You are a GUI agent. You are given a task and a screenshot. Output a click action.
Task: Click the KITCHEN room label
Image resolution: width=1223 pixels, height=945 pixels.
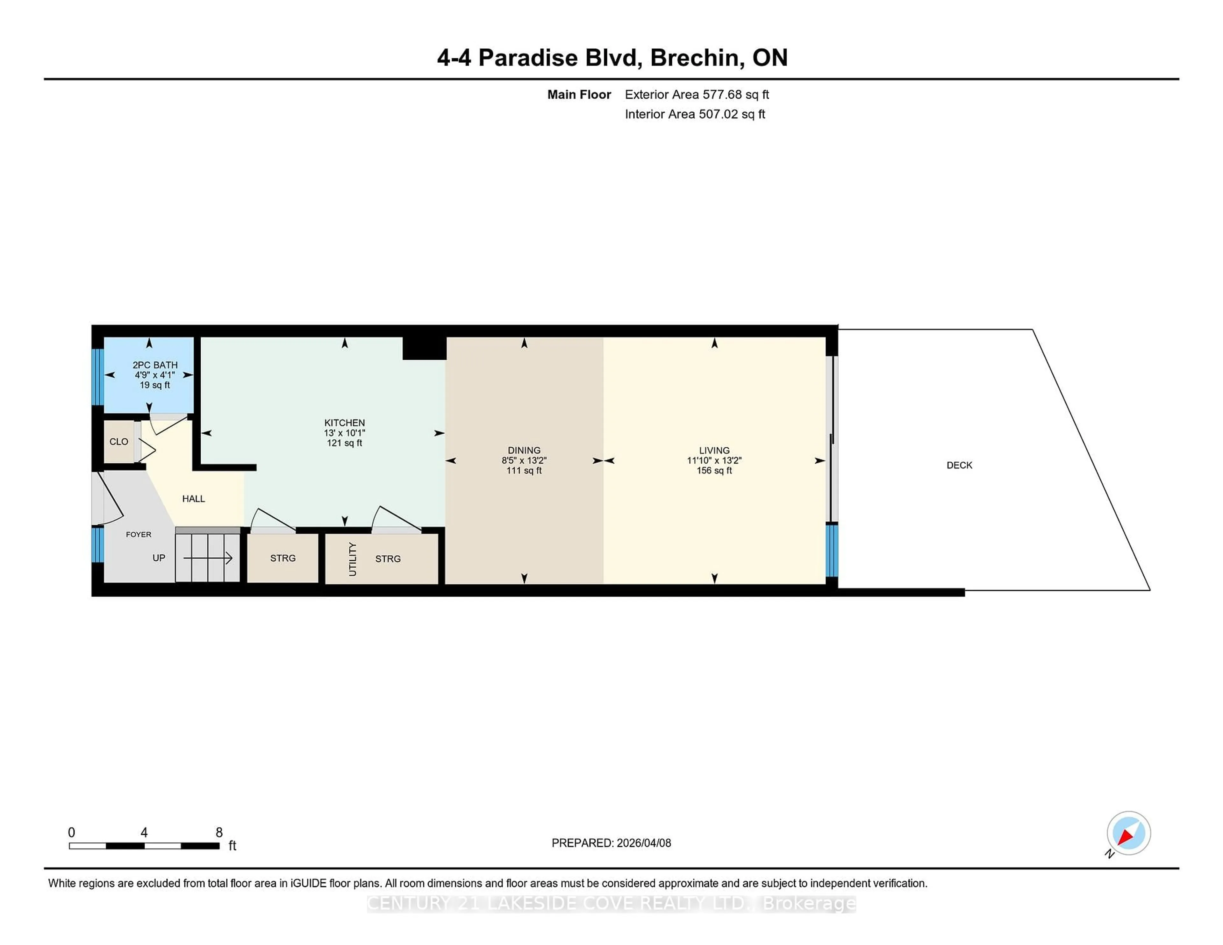tap(344, 423)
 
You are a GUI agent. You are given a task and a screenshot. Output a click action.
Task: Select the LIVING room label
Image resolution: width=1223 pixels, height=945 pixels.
tap(714, 450)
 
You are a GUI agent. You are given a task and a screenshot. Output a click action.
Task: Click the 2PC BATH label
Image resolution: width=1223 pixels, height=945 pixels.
tap(154, 365)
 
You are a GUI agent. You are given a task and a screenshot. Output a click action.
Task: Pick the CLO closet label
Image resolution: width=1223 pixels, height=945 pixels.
tap(119, 442)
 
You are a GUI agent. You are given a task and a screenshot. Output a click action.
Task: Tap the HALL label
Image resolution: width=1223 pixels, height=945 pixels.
tap(193, 499)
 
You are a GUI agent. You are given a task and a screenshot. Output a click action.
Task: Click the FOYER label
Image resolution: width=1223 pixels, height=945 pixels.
tap(138, 535)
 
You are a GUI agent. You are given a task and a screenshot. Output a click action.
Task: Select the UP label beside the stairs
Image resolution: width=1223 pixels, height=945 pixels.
tap(159, 558)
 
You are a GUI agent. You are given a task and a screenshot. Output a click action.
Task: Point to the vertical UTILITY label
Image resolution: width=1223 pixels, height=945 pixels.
tap(352, 559)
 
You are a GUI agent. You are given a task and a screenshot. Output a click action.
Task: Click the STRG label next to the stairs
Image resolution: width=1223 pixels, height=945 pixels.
tap(283, 558)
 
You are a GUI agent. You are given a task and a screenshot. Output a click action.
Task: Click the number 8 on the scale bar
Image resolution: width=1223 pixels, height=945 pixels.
tap(219, 833)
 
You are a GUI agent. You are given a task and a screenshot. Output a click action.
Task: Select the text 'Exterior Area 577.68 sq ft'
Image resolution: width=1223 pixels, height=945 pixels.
tap(697, 95)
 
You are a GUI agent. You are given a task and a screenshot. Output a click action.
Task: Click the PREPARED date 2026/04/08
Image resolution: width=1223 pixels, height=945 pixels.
tap(643, 843)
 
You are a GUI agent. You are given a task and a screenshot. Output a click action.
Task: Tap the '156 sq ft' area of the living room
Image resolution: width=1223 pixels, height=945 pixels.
tap(714, 471)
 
